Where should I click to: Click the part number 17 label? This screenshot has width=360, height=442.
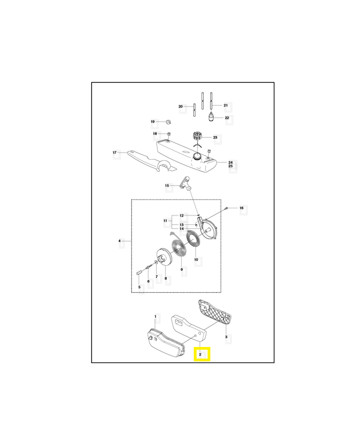[x=114, y=152]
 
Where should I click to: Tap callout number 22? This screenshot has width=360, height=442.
[x=227, y=118]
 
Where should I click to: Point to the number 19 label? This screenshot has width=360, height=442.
[x=153, y=122]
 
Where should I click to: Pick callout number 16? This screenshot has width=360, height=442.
[x=241, y=208]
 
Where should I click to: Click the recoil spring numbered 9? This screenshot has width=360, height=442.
[x=178, y=251]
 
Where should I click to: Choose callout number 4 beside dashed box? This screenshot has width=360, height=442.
[x=120, y=241]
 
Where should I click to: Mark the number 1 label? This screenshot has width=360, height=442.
[x=155, y=317]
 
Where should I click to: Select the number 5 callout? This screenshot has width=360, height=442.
[x=139, y=287]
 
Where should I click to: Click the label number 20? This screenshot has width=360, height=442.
[x=181, y=106]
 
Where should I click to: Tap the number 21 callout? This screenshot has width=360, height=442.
[x=225, y=104]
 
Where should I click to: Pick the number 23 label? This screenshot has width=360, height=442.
[x=215, y=138]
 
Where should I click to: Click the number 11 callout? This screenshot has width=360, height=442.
[x=165, y=221]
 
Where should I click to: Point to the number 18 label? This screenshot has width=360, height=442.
[x=155, y=134]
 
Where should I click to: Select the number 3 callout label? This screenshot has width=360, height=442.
[x=226, y=336]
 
